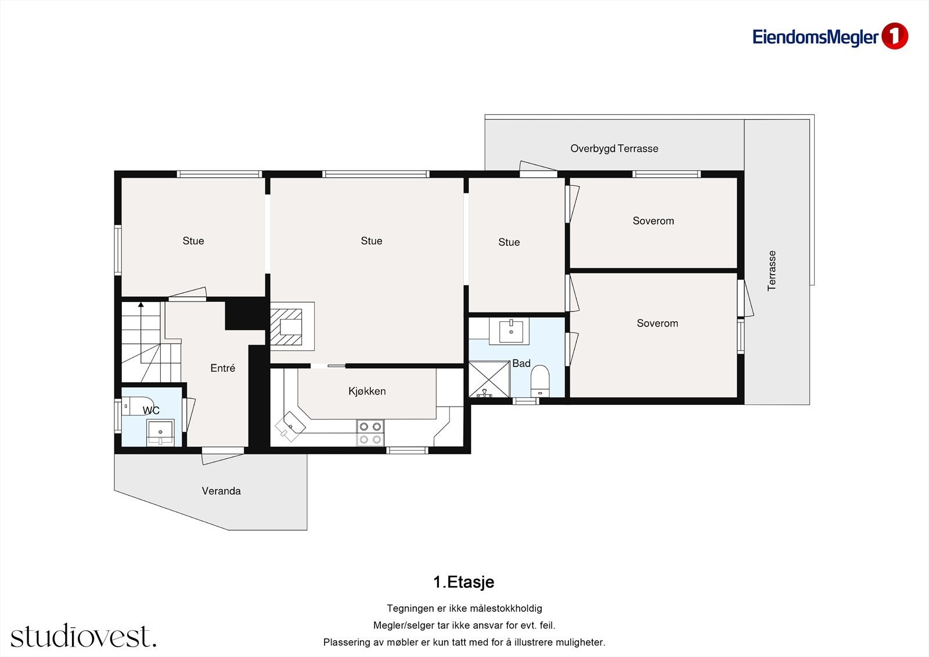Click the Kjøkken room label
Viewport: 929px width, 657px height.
367,392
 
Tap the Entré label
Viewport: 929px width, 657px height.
222,368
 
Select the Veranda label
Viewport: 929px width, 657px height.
221,491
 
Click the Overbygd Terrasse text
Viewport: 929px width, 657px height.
614,149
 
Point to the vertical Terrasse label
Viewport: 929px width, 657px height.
772,271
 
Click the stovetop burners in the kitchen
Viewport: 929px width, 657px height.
370,433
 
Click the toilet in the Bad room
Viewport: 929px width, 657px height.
540,380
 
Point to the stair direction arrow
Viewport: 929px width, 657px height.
141,305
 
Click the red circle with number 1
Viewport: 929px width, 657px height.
894,37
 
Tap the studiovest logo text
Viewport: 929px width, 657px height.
83,636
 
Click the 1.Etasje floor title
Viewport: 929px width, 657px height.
463,582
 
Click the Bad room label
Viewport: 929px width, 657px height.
521,364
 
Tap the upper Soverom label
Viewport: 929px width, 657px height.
653,221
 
